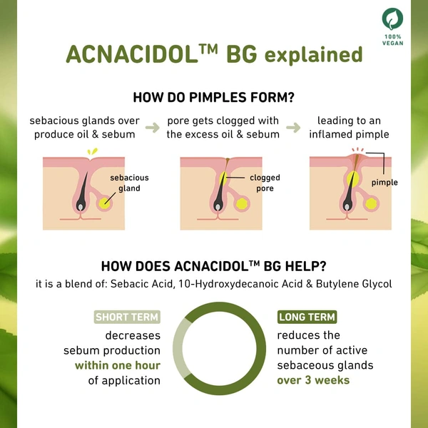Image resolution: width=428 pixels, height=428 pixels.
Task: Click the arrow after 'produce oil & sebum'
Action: pos(152,128)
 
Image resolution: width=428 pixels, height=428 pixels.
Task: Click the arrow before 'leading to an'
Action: pos(292,128)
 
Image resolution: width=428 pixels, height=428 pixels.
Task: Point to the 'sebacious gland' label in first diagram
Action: pos(130,183)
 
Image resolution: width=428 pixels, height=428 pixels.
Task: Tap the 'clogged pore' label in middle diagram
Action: pos(264,183)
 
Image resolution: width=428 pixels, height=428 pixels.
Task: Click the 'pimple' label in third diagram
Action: pos(384,183)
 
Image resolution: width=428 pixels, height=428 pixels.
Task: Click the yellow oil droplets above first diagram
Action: pos(91,151)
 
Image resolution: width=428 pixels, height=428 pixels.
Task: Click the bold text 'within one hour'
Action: pos(118,366)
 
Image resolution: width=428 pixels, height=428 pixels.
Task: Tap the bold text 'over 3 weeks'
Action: pos(313,380)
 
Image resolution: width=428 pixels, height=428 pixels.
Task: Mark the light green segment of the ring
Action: pos(179,342)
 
